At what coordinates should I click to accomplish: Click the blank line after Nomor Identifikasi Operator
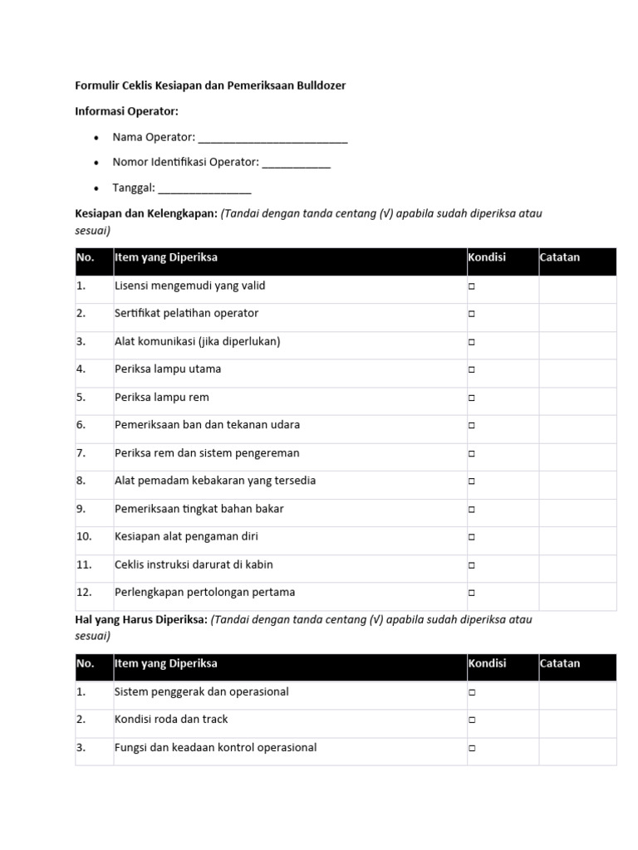point(297,164)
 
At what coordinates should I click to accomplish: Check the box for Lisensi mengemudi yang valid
point(471,286)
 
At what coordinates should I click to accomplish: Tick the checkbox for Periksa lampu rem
point(471,398)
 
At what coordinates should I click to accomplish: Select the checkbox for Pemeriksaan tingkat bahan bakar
point(471,510)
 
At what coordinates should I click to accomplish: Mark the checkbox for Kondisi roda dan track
point(471,720)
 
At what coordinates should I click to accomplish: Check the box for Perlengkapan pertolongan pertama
point(471,594)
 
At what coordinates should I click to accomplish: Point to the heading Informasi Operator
point(127,110)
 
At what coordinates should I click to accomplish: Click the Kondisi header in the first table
point(487,257)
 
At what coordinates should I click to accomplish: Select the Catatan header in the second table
point(560,663)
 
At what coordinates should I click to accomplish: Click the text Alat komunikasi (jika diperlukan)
point(197,341)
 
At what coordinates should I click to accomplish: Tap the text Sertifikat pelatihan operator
point(186,313)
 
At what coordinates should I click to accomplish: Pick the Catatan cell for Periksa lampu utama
point(577,369)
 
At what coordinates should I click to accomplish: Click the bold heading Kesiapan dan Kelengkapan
point(146,213)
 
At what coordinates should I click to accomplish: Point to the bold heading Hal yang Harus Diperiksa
point(141,619)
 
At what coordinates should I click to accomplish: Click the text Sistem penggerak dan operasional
point(201,691)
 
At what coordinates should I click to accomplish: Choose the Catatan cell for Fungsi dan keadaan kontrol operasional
point(577,748)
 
